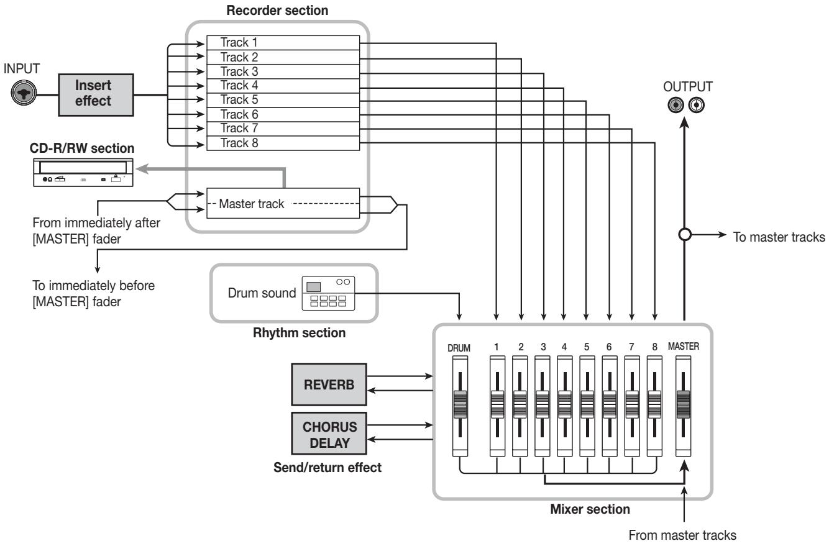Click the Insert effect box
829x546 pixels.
click(x=96, y=94)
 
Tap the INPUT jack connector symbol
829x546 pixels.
click(x=24, y=93)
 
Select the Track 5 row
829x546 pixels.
click(x=283, y=100)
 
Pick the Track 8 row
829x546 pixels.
click(x=283, y=143)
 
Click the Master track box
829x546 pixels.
click(x=283, y=203)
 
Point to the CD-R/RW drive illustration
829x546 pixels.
click(x=83, y=173)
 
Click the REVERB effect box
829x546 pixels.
click(x=329, y=384)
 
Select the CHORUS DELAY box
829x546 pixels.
click(x=329, y=434)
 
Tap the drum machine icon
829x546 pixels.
click(x=328, y=293)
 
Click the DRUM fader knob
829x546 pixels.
click(x=460, y=404)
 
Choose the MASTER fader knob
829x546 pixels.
click(x=683, y=404)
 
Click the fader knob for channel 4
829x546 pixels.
click(x=565, y=404)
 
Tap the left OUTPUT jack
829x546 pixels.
click(x=676, y=105)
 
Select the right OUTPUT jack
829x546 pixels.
click(x=697, y=105)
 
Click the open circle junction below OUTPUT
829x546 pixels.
click(x=685, y=235)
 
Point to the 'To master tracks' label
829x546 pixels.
click(x=779, y=237)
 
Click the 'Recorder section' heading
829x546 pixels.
click(x=277, y=11)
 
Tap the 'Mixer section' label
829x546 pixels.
click(x=590, y=509)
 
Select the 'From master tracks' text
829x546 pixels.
click(x=682, y=535)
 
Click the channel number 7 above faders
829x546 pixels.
click(x=631, y=347)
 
